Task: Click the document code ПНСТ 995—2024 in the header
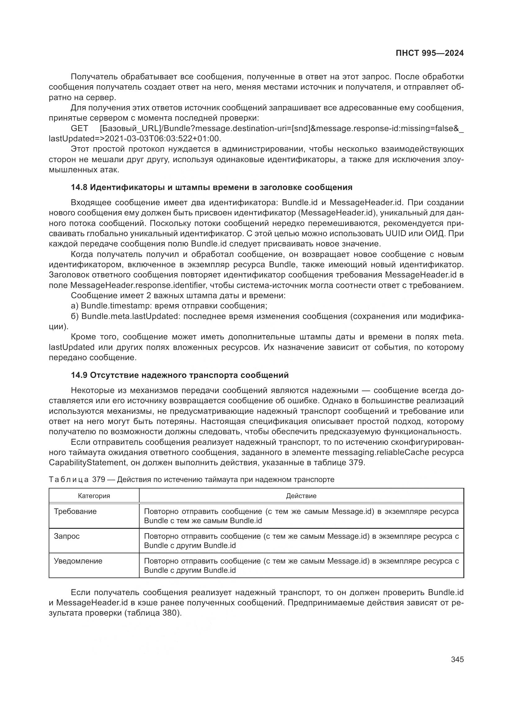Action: tap(430, 53)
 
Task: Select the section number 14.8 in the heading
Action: tap(79, 187)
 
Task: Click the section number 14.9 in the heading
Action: tap(79, 375)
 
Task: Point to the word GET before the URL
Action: tap(79, 129)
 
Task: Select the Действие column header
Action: tap(301, 496)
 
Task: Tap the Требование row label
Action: tap(75, 511)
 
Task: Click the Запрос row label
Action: tap(67, 536)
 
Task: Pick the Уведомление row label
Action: tap(78, 561)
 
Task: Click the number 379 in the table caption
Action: tap(99, 480)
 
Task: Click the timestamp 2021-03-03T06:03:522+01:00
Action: tap(162, 139)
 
